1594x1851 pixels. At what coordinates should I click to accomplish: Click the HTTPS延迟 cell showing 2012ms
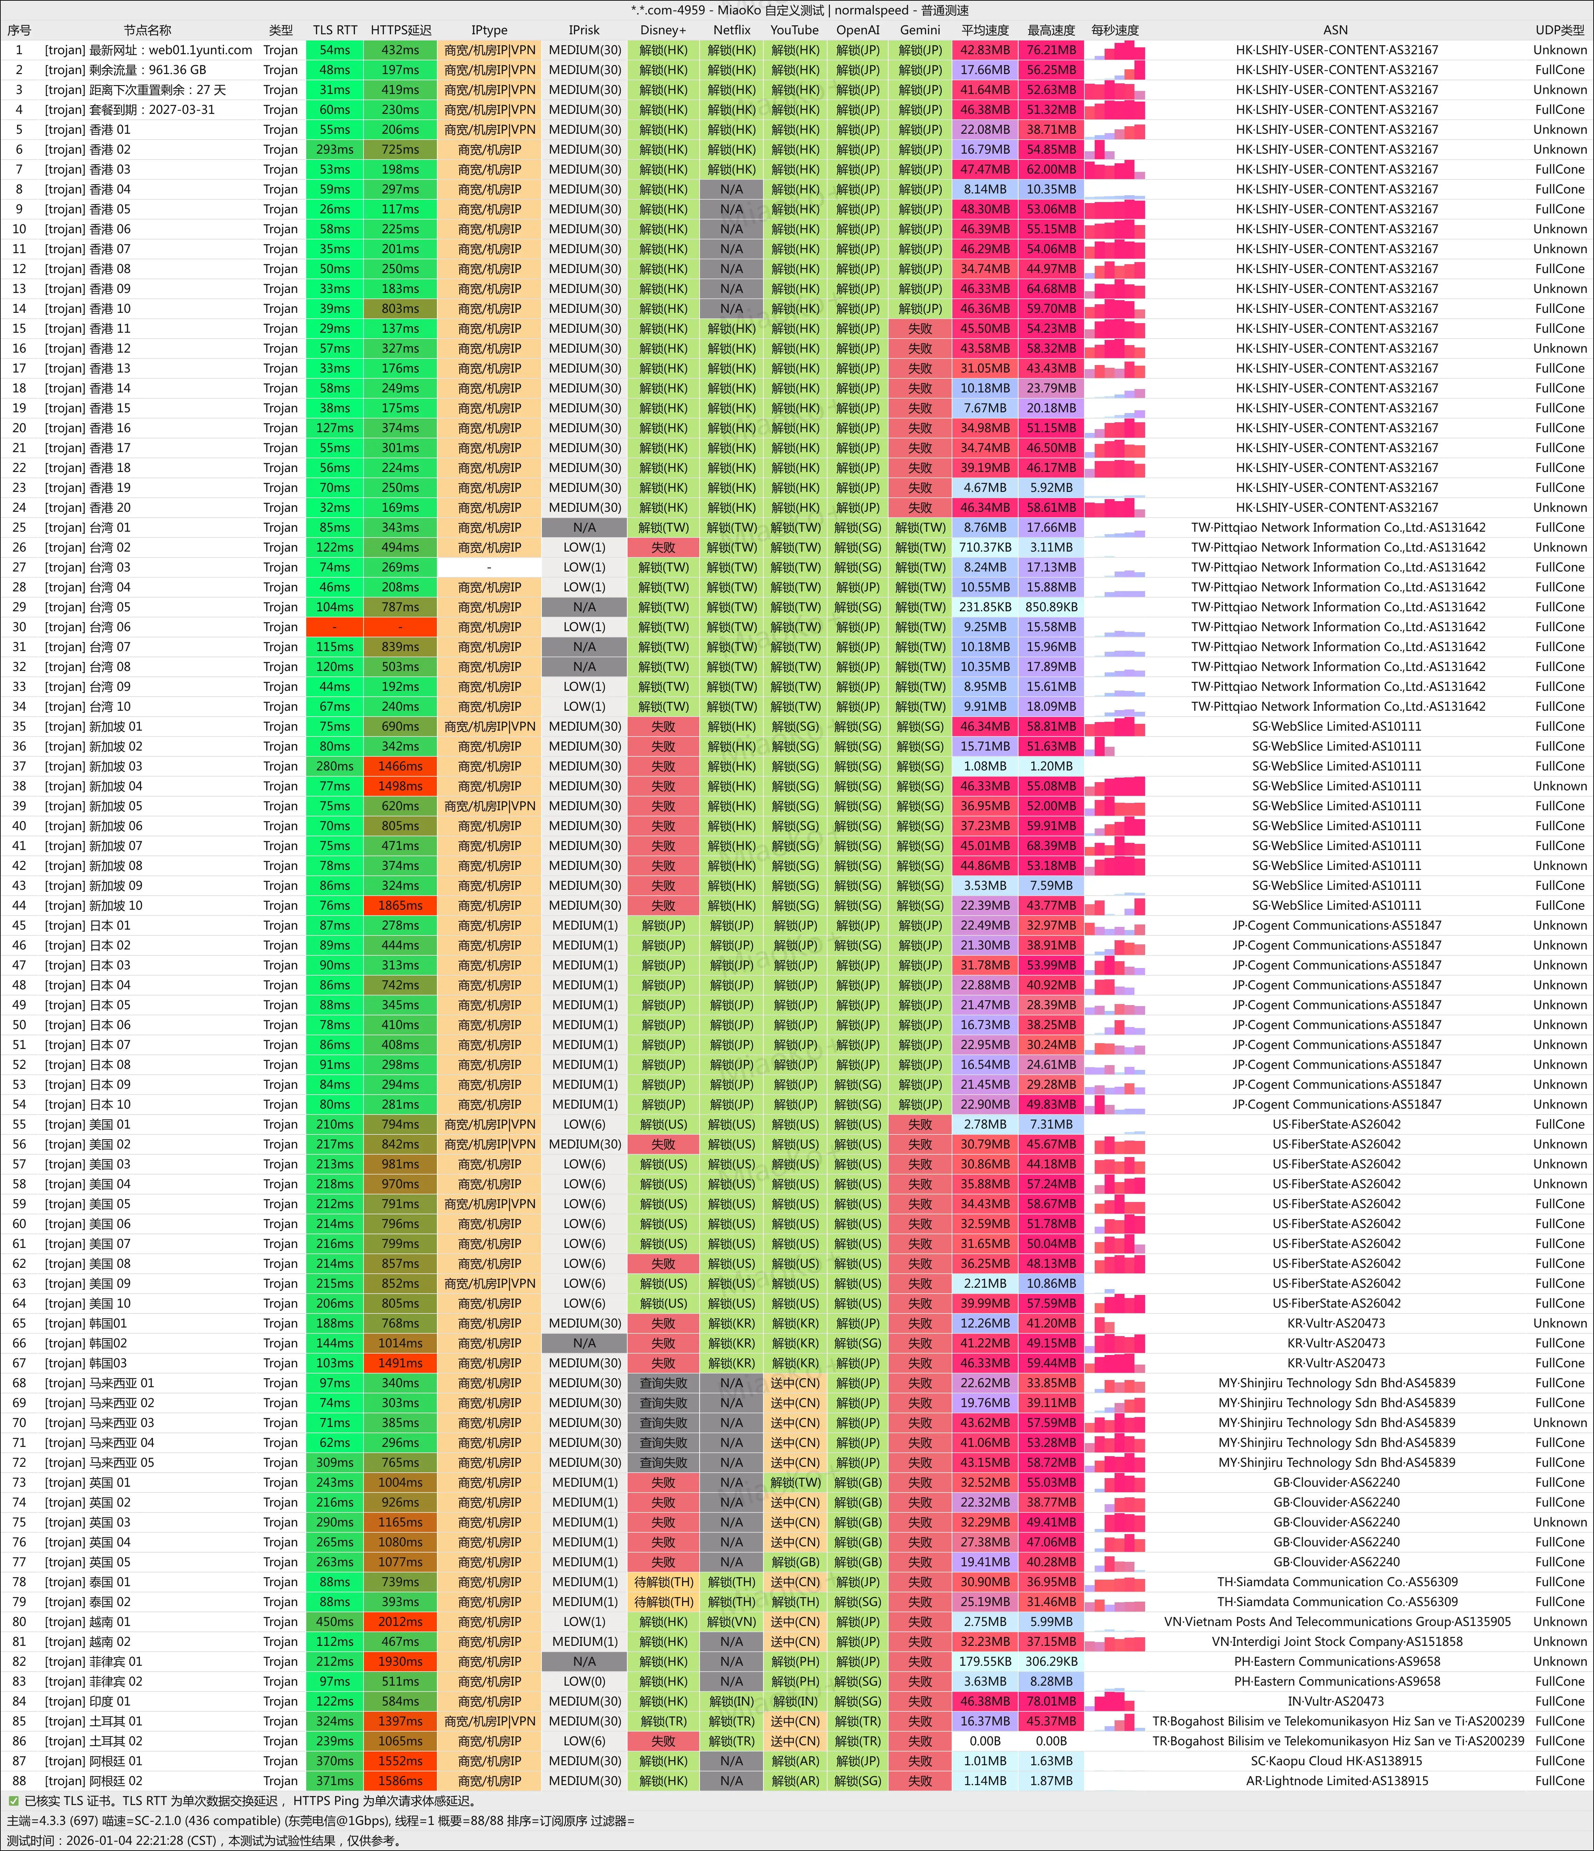tap(400, 1622)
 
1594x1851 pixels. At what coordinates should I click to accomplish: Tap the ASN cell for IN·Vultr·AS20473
tap(1336, 1701)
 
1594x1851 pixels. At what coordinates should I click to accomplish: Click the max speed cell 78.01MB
tap(1051, 1701)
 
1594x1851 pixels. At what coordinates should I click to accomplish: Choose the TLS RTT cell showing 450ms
tap(335, 1622)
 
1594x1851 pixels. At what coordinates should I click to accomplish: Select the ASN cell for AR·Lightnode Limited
tap(1336, 1780)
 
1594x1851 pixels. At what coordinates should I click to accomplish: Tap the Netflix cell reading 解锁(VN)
tap(731, 1622)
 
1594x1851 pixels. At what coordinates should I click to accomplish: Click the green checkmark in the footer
tap(13, 1801)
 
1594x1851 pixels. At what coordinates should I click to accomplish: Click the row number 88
tap(19, 1780)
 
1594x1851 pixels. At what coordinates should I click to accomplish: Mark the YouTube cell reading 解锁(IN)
tap(795, 1701)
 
